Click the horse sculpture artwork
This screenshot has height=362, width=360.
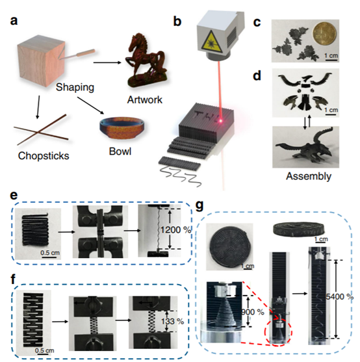[x=146, y=60]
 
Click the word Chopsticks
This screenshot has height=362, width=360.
[x=44, y=156]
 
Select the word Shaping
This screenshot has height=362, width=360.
[x=75, y=87]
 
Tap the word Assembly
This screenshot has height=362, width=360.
[x=309, y=176]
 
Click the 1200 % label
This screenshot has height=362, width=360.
[x=176, y=229]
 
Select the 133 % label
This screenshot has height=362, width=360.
[x=172, y=321]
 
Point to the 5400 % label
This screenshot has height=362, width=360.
[x=339, y=296]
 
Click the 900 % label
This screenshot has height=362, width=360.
[x=253, y=312]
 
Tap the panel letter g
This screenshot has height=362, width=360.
[x=199, y=206]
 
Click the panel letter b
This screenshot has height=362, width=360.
[x=177, y=21]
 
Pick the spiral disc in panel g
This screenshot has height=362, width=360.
[x=229, y=246]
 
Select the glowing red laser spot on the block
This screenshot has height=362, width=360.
[x=221, y=120]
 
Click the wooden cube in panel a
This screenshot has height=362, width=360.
[x=42, y=60]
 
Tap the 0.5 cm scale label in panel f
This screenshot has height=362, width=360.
[x=45, y=351]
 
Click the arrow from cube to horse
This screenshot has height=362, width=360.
[x=107, y=62]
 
